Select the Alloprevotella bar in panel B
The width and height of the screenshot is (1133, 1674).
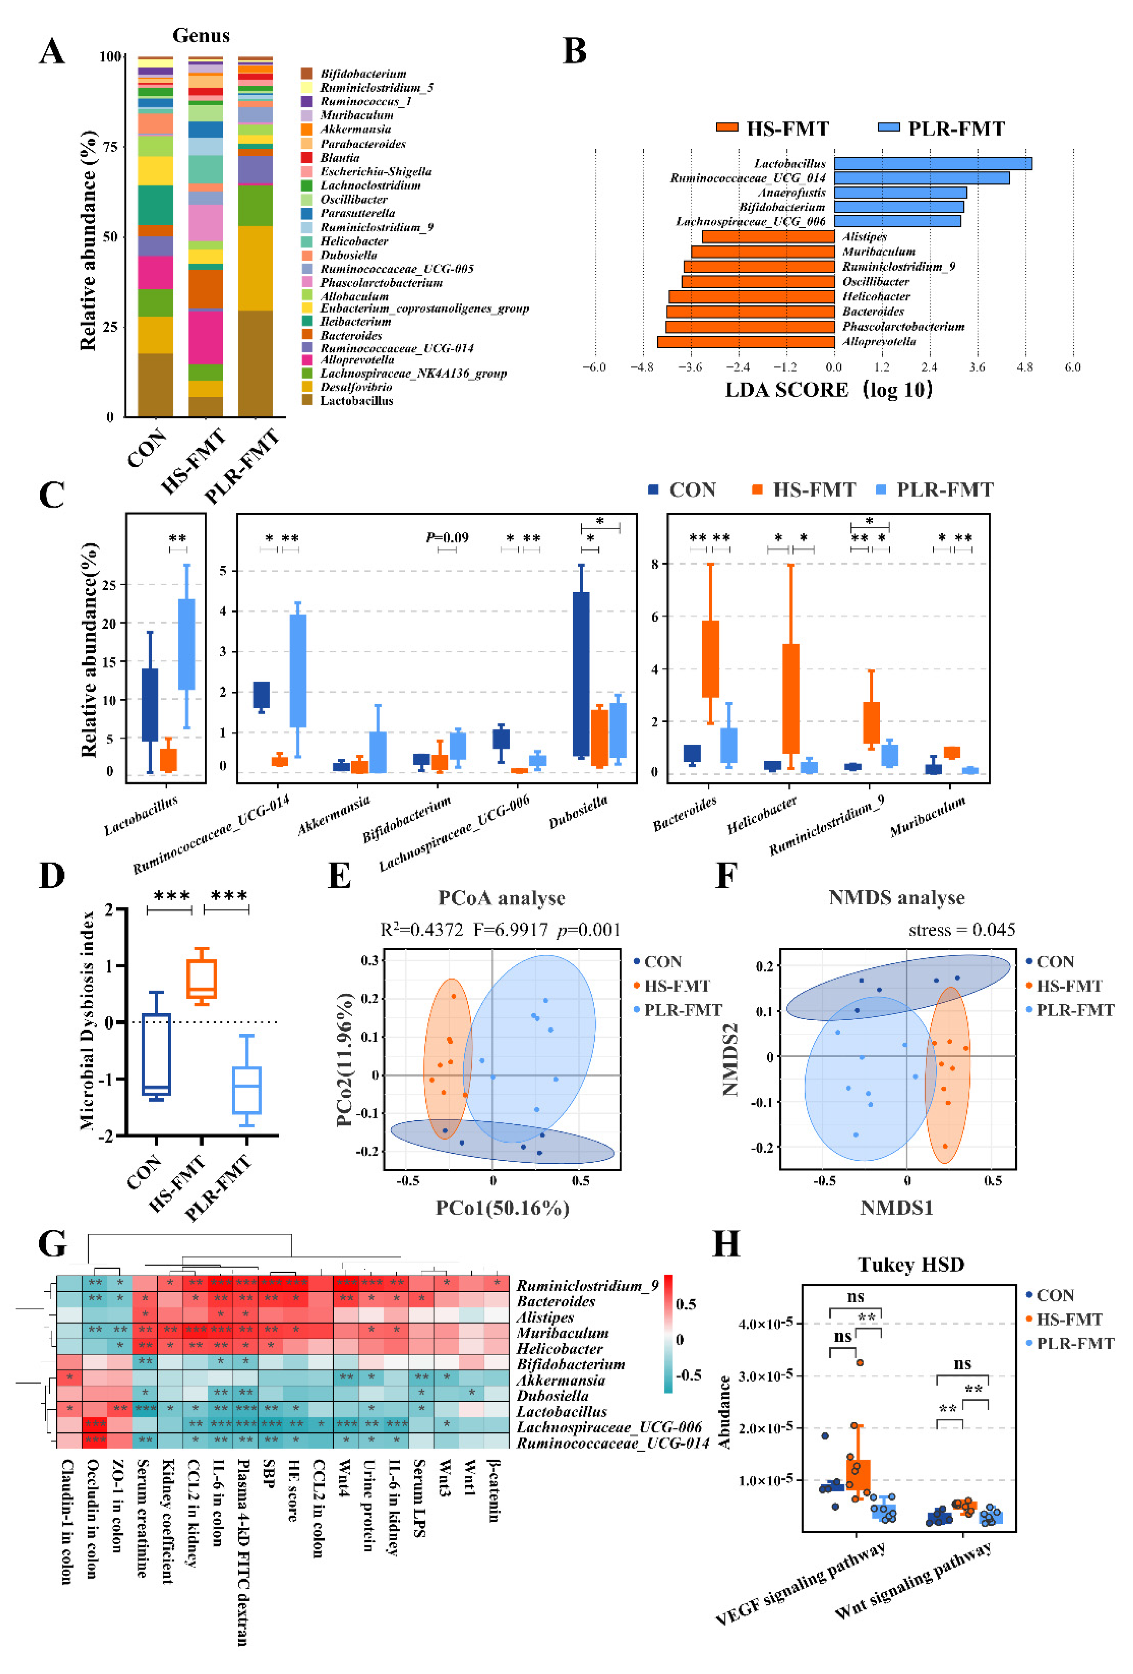point(746,342)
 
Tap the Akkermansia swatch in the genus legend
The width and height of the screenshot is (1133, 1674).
point(306,129)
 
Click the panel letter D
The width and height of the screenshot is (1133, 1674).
point(52,876)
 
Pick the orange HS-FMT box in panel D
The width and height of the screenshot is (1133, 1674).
point(202,978)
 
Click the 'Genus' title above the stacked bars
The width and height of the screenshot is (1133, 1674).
point(201,35)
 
